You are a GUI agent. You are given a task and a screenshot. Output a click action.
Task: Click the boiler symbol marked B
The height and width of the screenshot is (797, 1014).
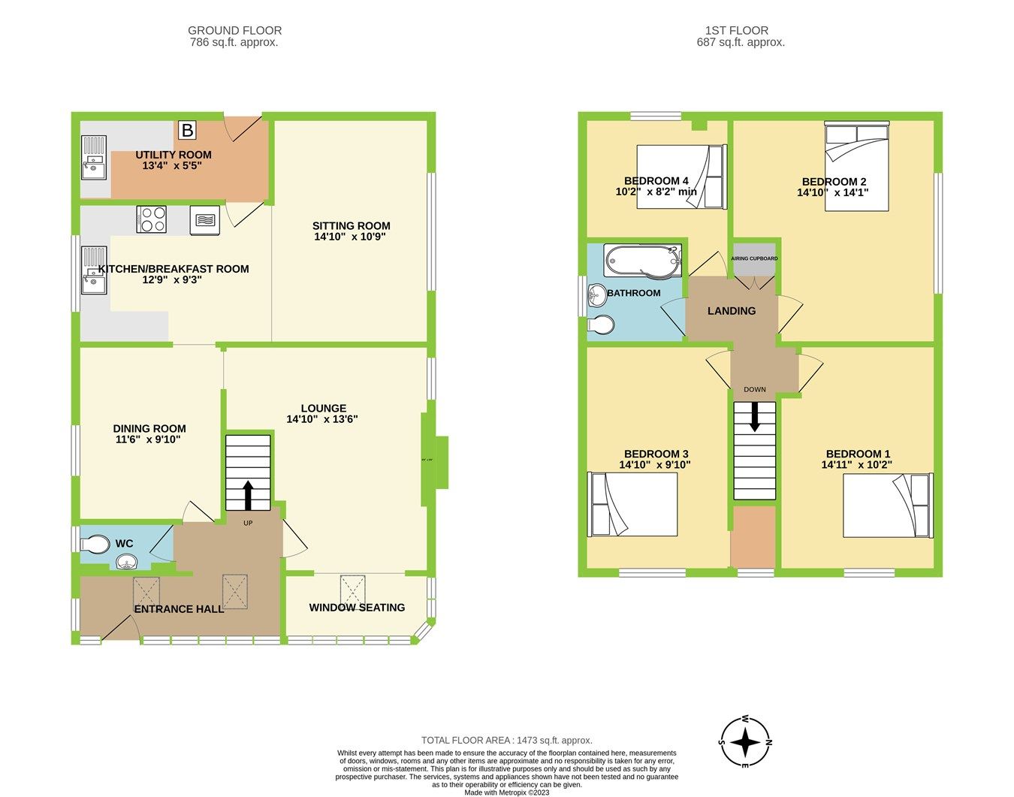tap(187, 131)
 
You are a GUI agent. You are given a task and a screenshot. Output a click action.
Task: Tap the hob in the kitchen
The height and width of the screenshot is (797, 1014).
tap(152, 219)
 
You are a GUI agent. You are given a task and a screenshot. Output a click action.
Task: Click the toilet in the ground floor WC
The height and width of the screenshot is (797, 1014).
tap(95, 543)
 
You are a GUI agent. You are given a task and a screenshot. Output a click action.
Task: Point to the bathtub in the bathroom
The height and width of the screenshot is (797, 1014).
tap(644, 261)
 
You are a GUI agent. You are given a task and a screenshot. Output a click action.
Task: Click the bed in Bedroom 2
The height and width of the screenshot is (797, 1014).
tap(857, 166)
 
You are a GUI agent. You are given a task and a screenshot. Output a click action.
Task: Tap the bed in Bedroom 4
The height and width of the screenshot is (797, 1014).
tap(681, 177)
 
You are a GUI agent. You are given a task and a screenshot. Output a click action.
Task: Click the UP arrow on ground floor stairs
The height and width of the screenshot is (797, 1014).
tap(247, 494)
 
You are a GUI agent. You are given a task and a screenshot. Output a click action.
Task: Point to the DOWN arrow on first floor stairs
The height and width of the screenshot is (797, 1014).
tap(754, 416)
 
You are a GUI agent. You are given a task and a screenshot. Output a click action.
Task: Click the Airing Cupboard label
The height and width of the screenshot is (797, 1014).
tap(754, 258)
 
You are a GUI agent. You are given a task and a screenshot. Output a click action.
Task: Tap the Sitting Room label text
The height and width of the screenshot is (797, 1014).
tap(352, 225)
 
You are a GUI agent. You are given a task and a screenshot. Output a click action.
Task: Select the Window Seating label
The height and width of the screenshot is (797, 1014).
tap(357, 607)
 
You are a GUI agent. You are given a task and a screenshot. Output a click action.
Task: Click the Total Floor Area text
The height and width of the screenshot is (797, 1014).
tap(506, 740)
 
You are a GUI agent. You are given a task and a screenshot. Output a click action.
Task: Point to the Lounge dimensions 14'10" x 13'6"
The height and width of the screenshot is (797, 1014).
tap(322, 419)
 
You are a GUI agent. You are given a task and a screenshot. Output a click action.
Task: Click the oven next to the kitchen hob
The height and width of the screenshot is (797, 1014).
tap(205, 220)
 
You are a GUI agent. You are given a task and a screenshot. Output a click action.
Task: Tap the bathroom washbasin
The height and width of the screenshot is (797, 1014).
tap(597, 294)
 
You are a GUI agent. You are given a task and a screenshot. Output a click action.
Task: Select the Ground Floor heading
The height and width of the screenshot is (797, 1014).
tap(234, 31)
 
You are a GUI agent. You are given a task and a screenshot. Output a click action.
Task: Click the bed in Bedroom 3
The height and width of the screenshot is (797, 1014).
tap(632, 504)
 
